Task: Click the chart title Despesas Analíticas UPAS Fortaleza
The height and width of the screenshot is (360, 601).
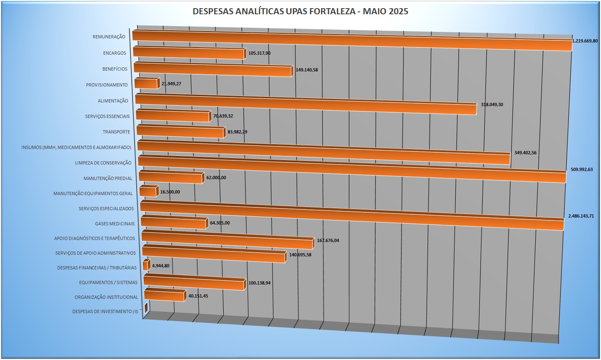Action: pyautogui.click(x=300, y=11)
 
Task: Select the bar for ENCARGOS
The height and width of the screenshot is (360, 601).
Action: pyautogui.click(x=189, y=53)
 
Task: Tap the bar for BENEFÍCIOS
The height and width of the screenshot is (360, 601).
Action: pyautogui.click(x=213, y=70)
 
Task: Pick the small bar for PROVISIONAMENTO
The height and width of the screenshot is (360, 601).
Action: pyautogui.click(x=146, y=84)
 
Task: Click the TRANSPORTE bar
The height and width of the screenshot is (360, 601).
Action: pyautogui.click(x=180, y=132)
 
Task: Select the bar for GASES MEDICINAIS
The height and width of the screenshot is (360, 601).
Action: pyautogui.click(x=173, y=223)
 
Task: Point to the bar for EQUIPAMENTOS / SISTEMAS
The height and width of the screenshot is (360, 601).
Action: pyautogui.click(x=194, y=282)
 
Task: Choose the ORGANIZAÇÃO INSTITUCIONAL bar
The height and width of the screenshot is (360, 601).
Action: pyautogui.click(x=164, y=296)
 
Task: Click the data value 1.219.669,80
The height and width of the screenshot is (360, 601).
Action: pyautogui.click(x=585, y=41)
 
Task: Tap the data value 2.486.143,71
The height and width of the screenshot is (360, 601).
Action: pyautogui.click(x=581, y=216)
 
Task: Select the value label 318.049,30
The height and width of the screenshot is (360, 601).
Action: pyautogui.click(x=492, y=105)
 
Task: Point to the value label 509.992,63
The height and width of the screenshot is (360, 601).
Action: pyautogui.click(x=581, y=169)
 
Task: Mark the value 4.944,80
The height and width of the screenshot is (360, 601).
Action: pyautogui.click(x=161, y=266)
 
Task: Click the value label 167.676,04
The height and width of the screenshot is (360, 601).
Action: pyautogui.click(x=328, y=241)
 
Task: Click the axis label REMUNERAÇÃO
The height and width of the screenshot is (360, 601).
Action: pyautogui.click(x=109, y=37)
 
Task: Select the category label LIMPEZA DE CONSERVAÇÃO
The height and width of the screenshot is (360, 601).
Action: pyautogui.click(x=103, y=163)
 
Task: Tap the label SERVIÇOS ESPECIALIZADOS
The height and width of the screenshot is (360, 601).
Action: pyautogui.click(x=106, y=209)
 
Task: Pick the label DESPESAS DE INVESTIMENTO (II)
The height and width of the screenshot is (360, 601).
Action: pyautogui.click(x=105, y=311)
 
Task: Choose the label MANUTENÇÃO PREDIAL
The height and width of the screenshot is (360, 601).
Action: pyautogui.click(x=108, y=178)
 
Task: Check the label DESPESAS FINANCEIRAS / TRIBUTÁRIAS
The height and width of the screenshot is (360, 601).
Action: pyautogui.click(x=97, y=268)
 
